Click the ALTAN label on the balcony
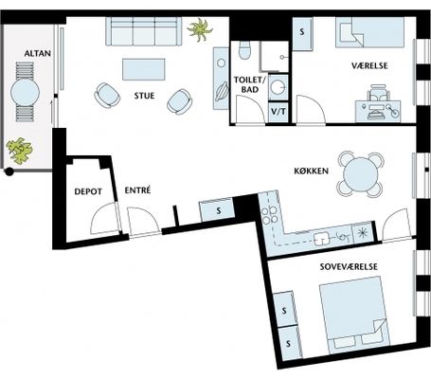[38, 53]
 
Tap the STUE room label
[144, 96]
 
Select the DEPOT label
[88, 191]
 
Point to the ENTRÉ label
[137, 190]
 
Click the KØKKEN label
[312, 171]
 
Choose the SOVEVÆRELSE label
[349, 266]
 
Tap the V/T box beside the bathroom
[278, 112]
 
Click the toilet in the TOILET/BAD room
[244, 50]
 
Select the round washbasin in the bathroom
[278, 86]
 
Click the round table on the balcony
[25, 92]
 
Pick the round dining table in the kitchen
[361, 174]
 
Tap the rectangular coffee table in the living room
[144, 69]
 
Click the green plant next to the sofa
[200, 29]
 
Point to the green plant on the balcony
[19, 151]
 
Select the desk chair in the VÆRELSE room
[378, 93]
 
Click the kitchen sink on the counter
[321, 239]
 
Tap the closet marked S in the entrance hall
[217, 210]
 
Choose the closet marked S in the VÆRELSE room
[302, 34]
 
